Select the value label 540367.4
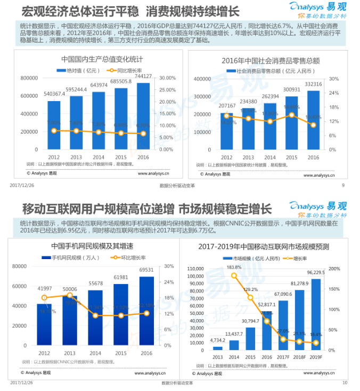click(54, 94)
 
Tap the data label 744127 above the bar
click(143, 76)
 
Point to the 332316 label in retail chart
click(313, 85)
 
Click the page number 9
click(343, 186)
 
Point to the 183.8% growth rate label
click(234, 268)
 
